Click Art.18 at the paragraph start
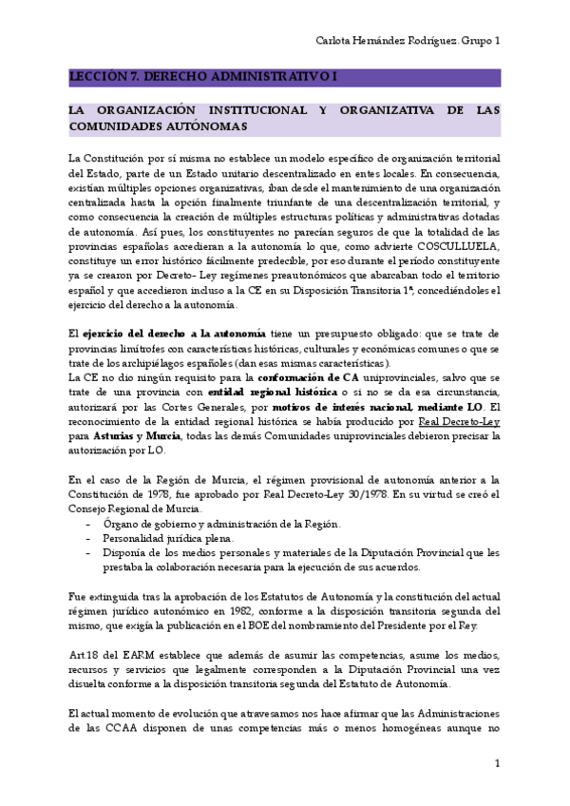click(82, 655)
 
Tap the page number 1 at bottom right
click(497, 765)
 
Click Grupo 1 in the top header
click(482, 41)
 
